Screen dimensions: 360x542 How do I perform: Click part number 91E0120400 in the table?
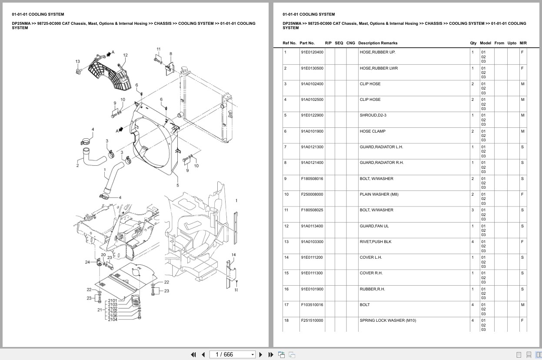click(x=312, y=52)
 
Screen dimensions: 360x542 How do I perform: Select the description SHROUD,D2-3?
click(x=372, y=115)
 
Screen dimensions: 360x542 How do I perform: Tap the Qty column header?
click(x=473, y=43)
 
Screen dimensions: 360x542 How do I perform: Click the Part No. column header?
click(x=307, y=43)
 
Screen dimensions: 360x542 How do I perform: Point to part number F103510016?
click(x=312, y=305)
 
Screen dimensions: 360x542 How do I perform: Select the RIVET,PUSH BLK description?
click(x=375, y=242)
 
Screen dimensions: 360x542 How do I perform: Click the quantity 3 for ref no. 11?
click(x=472, y=210)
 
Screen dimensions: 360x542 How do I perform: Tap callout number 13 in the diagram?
click(x=78, y=61)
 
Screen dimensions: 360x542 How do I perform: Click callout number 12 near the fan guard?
click(x=125, y=55)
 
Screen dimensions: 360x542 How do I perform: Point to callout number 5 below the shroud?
click(x=177, y=185)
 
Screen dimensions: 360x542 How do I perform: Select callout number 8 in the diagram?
click(x=171, y=54)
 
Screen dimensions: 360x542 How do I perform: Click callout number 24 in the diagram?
click(x=87, y=262)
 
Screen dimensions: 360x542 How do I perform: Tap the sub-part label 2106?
click(x=113, y=316)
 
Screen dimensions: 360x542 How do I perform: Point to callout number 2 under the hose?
click(x=77, y=165)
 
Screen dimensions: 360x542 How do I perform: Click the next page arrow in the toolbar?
click(x=261, y=354)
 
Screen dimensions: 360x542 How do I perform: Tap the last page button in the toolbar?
click(x=270, y=354)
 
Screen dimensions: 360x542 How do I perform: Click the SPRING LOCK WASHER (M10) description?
click(x=388, y=320)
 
